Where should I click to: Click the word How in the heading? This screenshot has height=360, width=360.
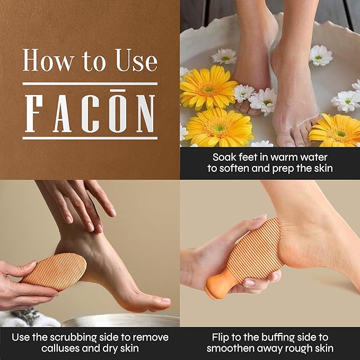coord(41,62)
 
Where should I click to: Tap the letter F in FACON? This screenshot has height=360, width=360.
coord(34,113)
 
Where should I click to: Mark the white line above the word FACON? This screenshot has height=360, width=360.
coord(90,84)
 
